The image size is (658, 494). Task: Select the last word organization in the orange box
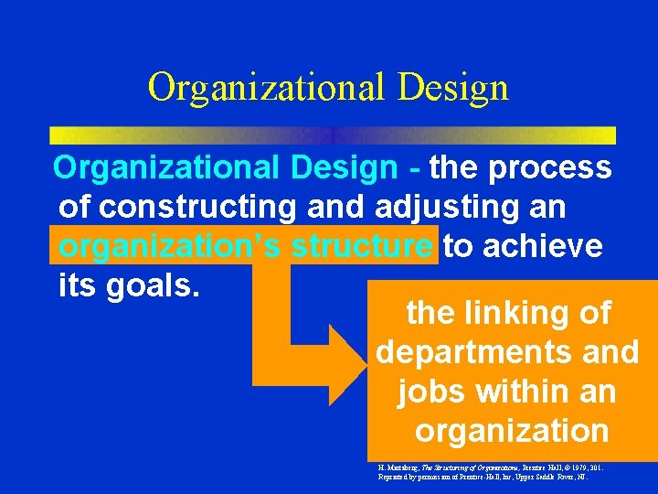(512, 430)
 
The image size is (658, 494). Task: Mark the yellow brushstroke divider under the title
(332, 134)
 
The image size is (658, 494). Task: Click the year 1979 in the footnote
(574, 467)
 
